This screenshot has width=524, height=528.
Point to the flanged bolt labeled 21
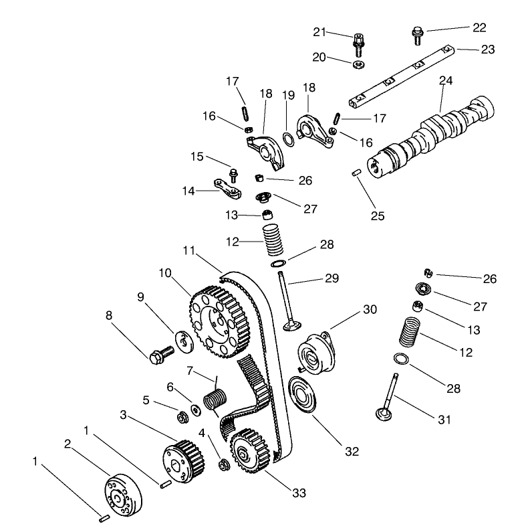click(358, 39)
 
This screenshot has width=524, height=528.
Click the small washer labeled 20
click(358, 64)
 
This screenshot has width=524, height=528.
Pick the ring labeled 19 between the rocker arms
click(288, 139)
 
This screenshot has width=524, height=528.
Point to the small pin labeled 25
click(357, 173)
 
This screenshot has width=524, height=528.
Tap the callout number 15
click(196, 156)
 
